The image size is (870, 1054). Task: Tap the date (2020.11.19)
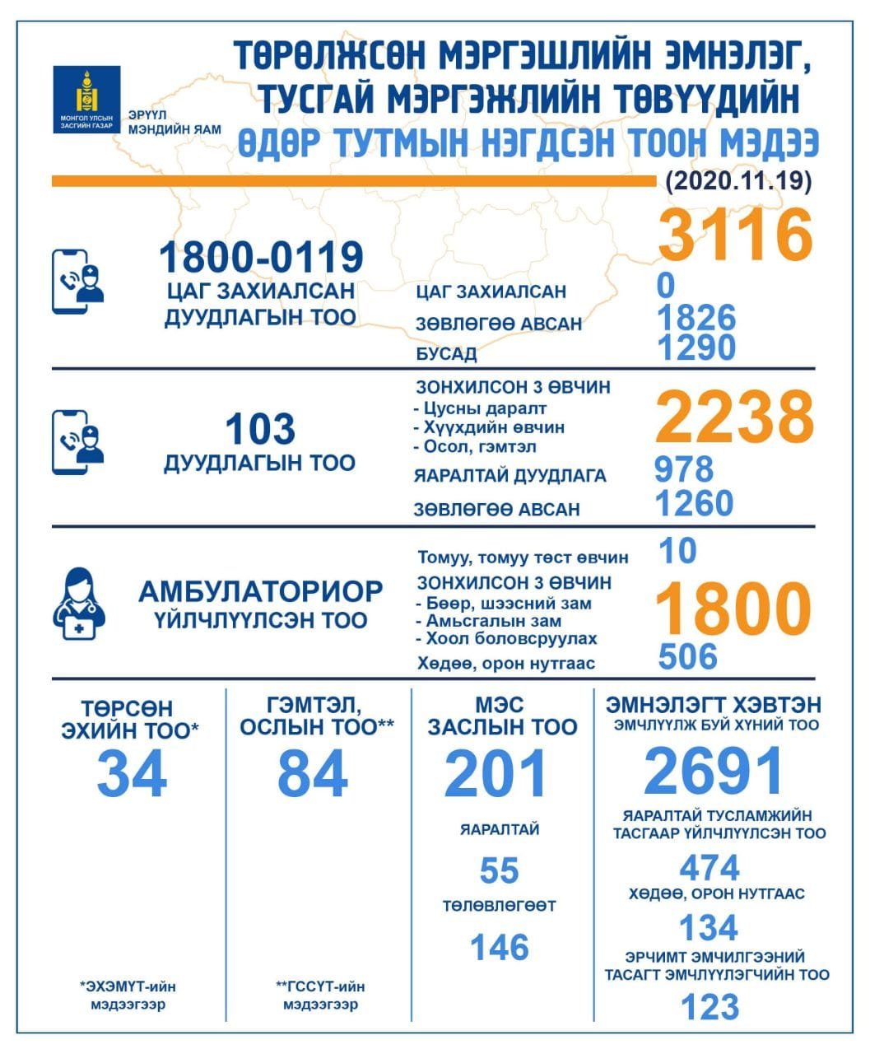(x=737, y=180)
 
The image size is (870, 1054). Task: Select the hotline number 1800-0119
(x=261, y=258)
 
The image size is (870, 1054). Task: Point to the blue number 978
(x=683, y=469)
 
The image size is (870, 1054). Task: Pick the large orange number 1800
(x=733, y=609)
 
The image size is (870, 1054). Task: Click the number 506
(x=688, y=656)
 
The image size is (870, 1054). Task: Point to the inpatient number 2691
(x=714, y=772)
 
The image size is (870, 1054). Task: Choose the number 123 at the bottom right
(x=709, y=1007)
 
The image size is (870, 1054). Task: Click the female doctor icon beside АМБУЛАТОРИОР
(x=79, y=606)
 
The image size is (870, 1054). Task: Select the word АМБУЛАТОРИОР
(x=260, y=591)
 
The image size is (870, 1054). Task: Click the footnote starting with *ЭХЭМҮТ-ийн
(x=128, y=995)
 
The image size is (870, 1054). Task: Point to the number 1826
(x=696, y=318)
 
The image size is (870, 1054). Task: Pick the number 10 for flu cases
(x=677, y=551)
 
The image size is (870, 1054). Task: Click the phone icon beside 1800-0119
(x=78, y=281)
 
